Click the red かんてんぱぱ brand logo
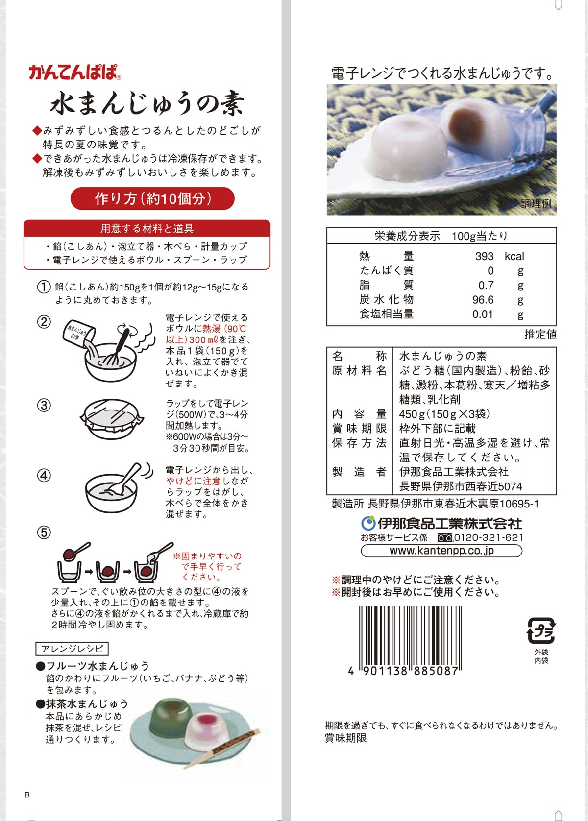point(74,72)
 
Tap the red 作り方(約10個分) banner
point(152,199)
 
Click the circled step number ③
point(44,406)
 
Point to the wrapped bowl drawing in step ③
point(111,419)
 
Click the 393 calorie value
point(484,256)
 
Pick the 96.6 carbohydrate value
point(483,300)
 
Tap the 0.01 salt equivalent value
point(483,314)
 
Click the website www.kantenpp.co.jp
point(441,551)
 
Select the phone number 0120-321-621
point(489,538)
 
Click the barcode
point(410,640)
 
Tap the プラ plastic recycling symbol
point(541,631)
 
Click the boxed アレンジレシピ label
point(72,649)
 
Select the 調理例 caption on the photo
point(536,203)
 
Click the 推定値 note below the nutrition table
point(540,334)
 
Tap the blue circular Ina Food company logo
point(368,523)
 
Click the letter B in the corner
point(27,795)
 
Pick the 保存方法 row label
point(359,443)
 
